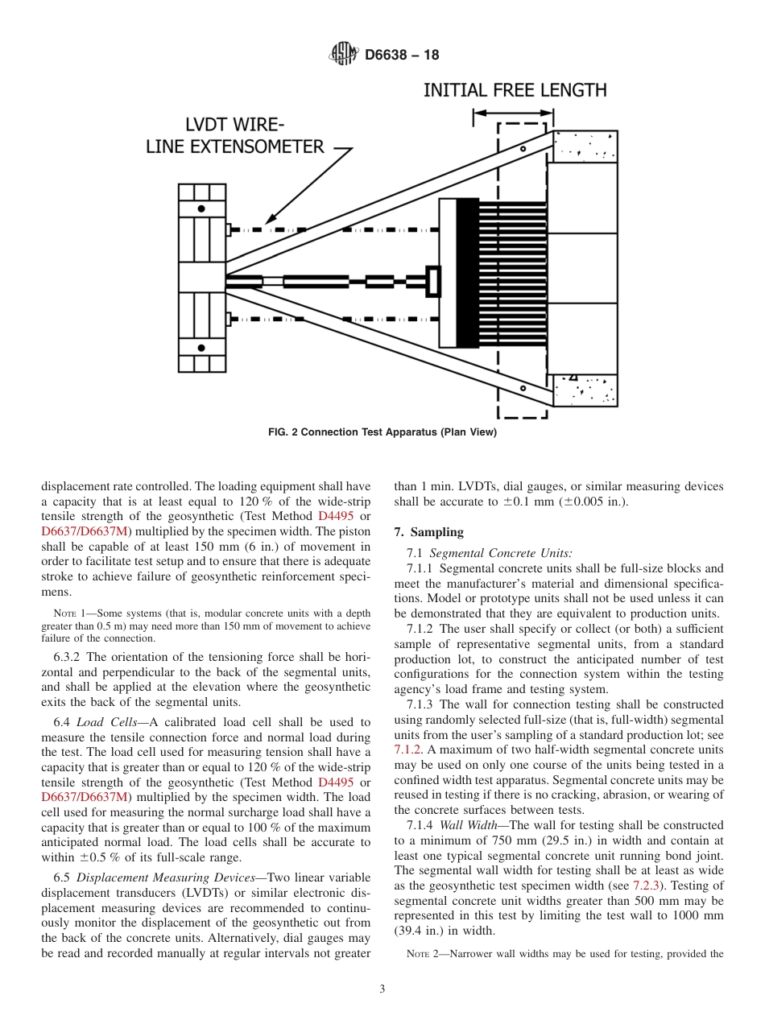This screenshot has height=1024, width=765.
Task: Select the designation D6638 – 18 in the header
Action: click(402, 56)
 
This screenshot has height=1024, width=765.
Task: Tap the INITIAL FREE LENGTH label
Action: click(515, 89)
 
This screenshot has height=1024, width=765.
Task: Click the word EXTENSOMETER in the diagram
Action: click(235, 147)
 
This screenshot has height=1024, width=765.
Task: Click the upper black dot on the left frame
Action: click(201, 209)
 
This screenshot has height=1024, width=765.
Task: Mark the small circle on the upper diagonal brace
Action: click(523, 149)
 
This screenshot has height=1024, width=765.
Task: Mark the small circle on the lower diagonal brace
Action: click(523, 388)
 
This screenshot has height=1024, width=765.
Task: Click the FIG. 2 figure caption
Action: click(382, 432)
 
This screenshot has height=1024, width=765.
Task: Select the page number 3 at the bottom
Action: click(382, 989)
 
